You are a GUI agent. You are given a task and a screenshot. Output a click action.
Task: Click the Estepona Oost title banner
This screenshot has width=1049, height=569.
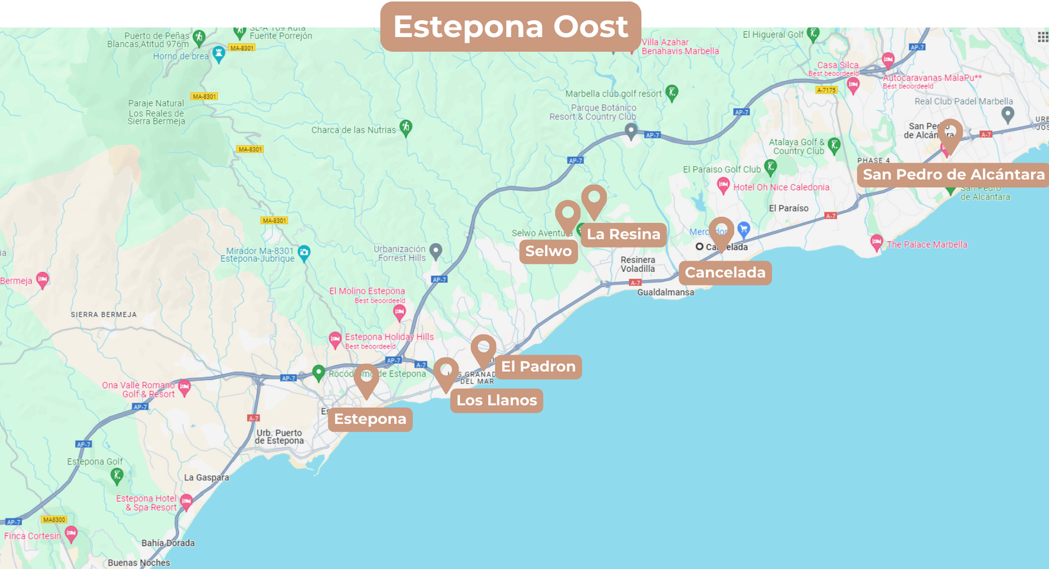click(x=510, y=26)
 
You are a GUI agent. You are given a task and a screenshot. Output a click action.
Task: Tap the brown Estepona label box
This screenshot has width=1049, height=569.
click(x=370, y=419)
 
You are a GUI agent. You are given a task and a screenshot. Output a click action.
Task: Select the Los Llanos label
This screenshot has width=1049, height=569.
click(x=496, y=401)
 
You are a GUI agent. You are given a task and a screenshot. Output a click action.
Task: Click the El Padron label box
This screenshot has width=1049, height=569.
click(x=538, y=367)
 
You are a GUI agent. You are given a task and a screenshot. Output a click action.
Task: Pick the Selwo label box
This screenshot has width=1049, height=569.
click(x=548, y=251)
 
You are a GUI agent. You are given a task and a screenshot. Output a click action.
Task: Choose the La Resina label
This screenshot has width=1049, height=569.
click(x=623, y=234)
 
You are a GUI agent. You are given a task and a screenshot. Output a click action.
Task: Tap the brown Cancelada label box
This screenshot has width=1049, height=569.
click(x=724, y=273)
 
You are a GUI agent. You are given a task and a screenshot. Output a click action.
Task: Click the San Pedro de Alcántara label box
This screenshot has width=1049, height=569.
click(x=953, y=175)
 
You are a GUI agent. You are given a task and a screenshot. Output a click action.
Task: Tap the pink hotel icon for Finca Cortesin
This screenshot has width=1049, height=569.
click(x=71, y=533)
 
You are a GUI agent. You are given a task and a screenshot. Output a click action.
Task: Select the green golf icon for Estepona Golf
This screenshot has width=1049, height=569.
click(x=117, y=476)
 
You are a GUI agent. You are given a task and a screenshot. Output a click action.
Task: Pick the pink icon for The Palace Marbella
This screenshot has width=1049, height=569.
click(x=876, y=243)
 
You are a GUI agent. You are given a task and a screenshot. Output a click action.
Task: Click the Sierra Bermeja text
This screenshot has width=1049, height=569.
click(x=104, y=314)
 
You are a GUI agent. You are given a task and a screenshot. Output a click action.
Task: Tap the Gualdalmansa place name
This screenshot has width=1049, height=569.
click(x=665, y=292)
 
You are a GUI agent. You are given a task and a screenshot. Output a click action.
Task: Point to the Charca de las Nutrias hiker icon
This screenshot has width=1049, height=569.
click(x=406, y=127)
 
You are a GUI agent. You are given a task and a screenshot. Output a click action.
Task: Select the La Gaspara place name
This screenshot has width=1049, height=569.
click(x=206, y=478)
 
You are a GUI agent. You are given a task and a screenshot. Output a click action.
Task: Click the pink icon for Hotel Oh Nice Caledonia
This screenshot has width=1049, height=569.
click(x=723, y=185)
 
